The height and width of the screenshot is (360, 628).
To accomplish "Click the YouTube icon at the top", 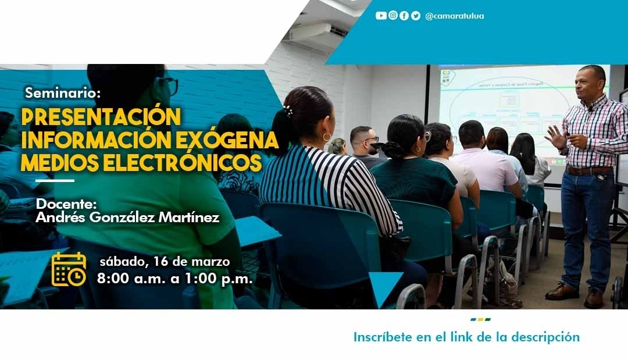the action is click(x=381, y=16).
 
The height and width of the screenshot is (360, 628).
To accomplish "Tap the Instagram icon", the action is click(x=393, y=16).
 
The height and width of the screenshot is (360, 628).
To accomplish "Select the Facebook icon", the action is click(x=404, y=16).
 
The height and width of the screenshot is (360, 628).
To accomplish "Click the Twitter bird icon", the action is click(x=416, y=16).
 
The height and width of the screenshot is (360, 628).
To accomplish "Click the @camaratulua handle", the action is click(x=455, y=16).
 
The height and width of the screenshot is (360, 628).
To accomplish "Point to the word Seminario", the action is click(x=62, y=93).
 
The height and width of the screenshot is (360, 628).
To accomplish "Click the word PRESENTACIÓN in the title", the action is click(x=101, y=116).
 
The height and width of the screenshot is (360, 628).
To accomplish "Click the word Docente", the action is click(x=66, y=204).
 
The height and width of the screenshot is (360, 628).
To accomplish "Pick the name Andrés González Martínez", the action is click(x=127, y=218).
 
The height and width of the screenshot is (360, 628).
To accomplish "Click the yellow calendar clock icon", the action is click(x=69, y=269).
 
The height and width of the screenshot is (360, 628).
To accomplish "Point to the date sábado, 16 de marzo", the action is click(x=165, y=262).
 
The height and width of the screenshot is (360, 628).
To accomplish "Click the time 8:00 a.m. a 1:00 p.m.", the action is click(x=174, y=279).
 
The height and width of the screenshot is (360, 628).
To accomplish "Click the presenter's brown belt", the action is click(x=589, y=170).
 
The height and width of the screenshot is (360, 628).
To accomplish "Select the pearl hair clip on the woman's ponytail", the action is click(x=288, y=111).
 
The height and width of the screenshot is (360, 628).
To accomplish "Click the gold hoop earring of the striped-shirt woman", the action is click(x=327, y=137).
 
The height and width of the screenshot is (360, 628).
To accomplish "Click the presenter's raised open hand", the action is click(x=555, y=137).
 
